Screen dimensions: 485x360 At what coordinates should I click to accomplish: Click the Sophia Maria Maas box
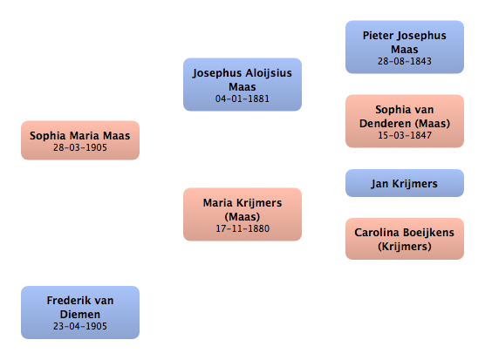[x=80, y=140]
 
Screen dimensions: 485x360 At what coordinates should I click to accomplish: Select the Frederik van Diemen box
[x=80, y=312]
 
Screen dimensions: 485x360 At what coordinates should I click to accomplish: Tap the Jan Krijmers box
[x=405, y=183]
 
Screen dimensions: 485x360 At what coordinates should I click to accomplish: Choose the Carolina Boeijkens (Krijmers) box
[x=405, y=239]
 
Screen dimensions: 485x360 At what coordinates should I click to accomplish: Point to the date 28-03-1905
[x=80, y=147]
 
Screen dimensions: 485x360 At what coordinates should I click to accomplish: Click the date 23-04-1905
[x=80, y=326]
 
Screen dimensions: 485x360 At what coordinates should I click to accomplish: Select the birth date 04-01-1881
[x=242, y=98]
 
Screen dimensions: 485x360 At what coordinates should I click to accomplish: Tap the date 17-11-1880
[x=242, y=228]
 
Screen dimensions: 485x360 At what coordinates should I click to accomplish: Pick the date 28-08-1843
[x=405, y=61]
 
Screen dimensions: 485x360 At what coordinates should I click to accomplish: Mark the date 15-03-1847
[x=405, y=135]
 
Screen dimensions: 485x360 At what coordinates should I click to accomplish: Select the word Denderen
[x=386, y=124]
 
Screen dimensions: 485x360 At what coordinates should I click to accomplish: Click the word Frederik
[x=65, y=301]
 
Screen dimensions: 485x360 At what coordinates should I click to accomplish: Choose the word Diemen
[x=80, y=315]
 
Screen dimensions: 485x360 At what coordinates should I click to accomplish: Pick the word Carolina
[x=378, y=233]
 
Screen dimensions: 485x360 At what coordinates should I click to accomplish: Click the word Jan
[x=379, y=184]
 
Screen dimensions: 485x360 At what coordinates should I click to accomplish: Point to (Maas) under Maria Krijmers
[x=242, y=217]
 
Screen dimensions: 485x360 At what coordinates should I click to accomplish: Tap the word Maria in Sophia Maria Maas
[x=85, y=136]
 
